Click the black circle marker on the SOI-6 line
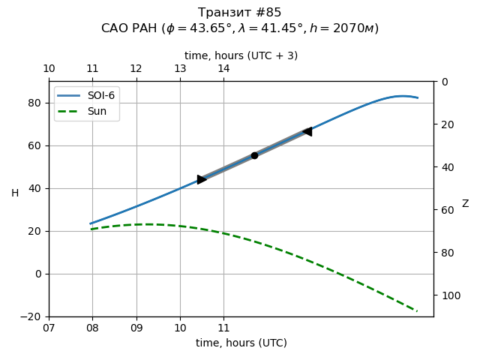coord(254,155)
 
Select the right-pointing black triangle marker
coord(202,179)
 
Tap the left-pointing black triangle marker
coord(307,132)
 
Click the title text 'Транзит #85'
coord(240,13)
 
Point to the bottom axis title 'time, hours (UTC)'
coord(241,343)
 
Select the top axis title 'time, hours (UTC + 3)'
coord(241,55)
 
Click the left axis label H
coord(15,193)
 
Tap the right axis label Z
coord(465,204)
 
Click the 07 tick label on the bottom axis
coord(49,328)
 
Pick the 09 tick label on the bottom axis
coord(136,328)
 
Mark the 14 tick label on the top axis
coord(223,69)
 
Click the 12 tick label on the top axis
coord(136,69)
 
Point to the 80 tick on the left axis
coord(34,103)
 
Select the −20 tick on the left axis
coord(31,316)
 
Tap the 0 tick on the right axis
coord(444,82)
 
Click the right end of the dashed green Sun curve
coord(416,310)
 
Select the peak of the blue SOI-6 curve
coord(403,96)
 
